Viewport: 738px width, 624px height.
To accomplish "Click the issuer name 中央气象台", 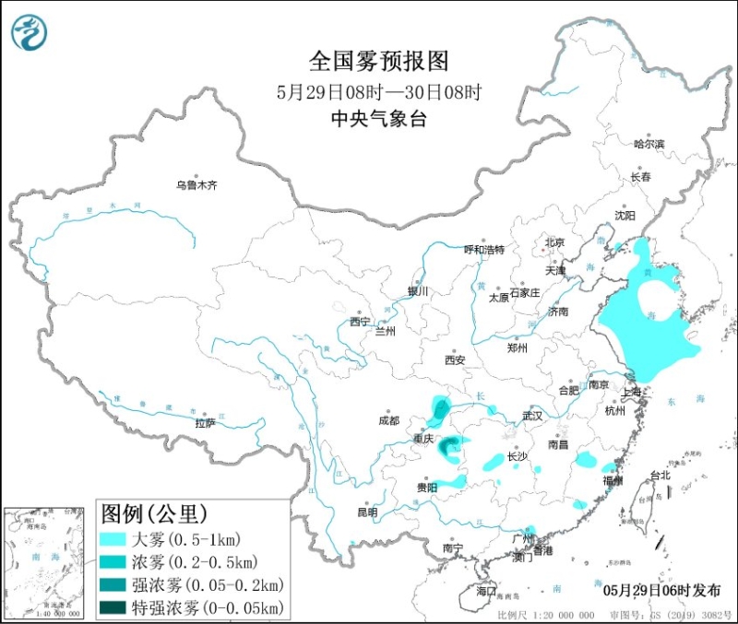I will coord(378,119).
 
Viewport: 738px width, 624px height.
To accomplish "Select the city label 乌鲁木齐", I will coord(196,185).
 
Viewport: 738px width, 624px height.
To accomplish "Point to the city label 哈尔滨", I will coord(649,144).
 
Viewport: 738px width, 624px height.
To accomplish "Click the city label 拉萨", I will coord(205,423).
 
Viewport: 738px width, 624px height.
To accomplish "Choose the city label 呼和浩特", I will coord(483,249).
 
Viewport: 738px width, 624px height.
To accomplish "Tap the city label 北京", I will coord(553,243).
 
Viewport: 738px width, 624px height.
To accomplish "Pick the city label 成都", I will coord(388,420).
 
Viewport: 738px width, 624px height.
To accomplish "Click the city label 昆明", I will coord(367,512).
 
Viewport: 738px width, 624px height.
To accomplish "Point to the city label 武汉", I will coord(532,416).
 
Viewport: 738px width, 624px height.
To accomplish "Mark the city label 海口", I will coord(486,590).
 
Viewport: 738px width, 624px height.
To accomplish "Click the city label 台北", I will coord(661,476).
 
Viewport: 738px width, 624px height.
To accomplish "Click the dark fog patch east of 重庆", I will coord(449,449).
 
